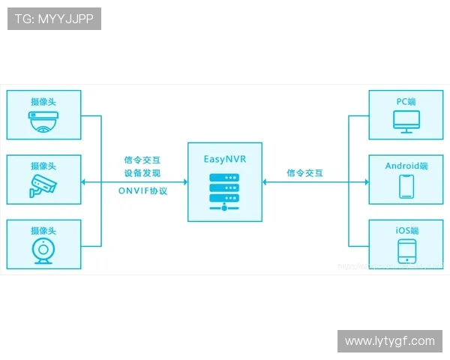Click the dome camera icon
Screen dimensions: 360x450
[43, 121]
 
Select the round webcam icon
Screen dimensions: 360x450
[43, 253]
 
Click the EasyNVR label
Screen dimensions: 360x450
[224, 159]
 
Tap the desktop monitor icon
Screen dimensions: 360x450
[406, 122]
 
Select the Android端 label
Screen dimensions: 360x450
[406, 166]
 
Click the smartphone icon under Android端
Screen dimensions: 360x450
[406, 186]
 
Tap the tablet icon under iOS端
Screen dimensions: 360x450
[406, 250]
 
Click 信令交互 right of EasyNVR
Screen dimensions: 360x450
[304, 172]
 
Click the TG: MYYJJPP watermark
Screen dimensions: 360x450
[54, 19]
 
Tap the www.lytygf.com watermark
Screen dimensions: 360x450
[389, 341]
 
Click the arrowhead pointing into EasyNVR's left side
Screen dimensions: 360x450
[183, 181]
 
